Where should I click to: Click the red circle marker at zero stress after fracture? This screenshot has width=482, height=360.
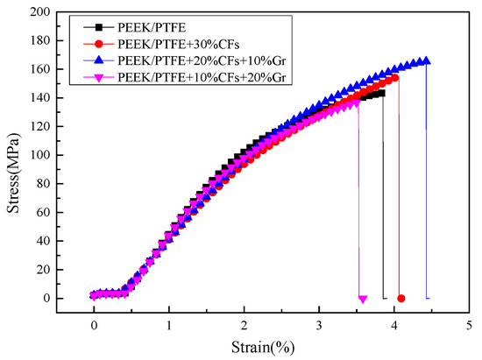pyautogui.click(x=401, y=299)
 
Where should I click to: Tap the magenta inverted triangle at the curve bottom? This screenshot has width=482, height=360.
pyautogui.click(x=363, y=299)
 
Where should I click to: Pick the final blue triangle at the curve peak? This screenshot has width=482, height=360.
pyautogui.click(x=426, y=61)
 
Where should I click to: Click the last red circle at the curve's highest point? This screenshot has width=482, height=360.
pyautogui.click(x=395, y=78)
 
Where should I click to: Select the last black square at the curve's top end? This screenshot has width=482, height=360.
pyautogui.click(x=380, y=93)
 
